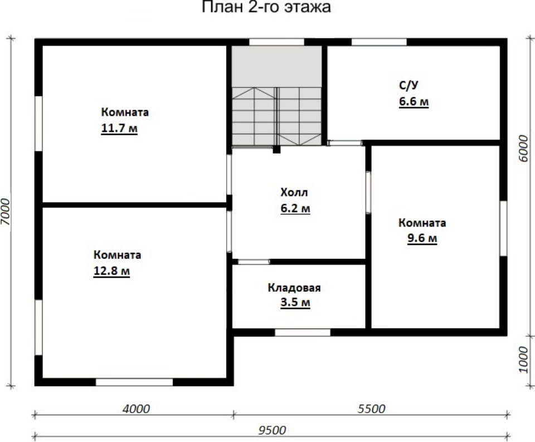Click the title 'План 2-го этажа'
tap(266, 7)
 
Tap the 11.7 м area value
tap(119, 129)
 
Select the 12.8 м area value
tap(111, 271)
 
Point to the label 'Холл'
tap(294, 192)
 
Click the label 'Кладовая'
tap(294, 288)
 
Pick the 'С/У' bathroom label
tap(408, 85)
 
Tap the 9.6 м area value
tap(422, 238)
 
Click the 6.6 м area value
tap(414, 101)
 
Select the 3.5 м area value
tap(295, 303)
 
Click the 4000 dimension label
tap(136, 409)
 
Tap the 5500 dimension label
tap(372, 409)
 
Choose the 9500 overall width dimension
tap(272, 430)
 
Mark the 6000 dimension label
tap(523, 149)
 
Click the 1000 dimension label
tap(523, 360)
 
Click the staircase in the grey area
tap(277, 116)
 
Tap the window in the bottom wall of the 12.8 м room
tap(134, 382)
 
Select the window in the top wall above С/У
tap(379, 42)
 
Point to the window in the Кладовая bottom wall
tap(303, 332)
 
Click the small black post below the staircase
tap(277, 149)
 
